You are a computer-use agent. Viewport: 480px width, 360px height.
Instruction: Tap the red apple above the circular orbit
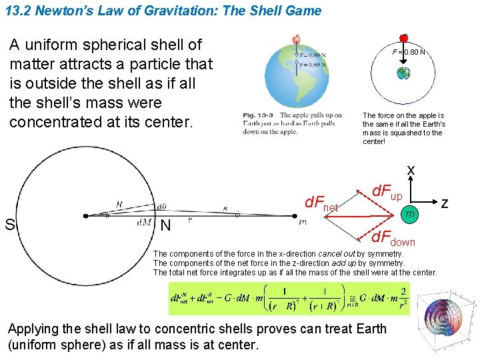click(403, 39)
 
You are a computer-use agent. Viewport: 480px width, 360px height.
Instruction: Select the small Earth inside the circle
click(403, 73)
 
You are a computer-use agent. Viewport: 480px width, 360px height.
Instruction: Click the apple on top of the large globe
click(296, 40)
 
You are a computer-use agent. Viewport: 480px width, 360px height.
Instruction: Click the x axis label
click(411, 171)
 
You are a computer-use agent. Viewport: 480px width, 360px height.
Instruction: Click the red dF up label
click(386, 193)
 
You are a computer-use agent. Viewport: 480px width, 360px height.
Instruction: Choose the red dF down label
click(393, 239)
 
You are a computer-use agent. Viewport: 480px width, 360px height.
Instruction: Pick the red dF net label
click(321, 204)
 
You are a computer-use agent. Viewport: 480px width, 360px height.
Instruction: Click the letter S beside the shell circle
click(10, 225)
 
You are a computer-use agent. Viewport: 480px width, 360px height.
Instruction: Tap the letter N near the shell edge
click(165, 226)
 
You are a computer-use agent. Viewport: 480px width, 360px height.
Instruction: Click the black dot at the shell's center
click(85, 216)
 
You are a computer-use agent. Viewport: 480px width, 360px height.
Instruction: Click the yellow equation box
click(290, 298)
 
